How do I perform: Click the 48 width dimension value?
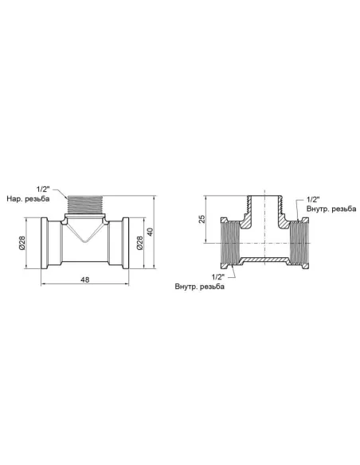(84, 279)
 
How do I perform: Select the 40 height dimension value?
(150, 232)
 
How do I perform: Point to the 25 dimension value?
(202, 219)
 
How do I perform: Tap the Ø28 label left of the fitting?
(22, 243)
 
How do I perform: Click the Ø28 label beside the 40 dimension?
(140, 243)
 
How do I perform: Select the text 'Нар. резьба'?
(28, 199)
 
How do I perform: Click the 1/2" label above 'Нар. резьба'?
(43, 189)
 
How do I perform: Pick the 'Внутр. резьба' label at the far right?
(331, 209)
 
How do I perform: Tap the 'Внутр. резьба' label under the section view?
(200, 287)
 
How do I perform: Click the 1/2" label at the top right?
(313, 199)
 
